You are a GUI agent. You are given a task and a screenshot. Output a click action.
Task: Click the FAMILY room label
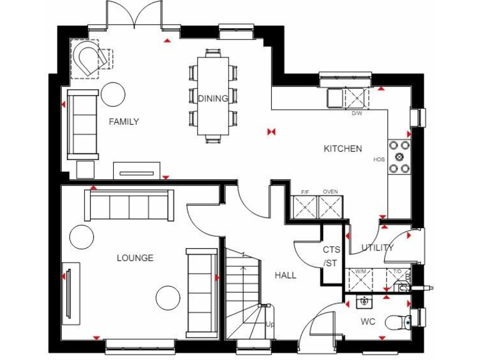123,121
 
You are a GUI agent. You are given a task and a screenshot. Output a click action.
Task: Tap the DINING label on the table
213,98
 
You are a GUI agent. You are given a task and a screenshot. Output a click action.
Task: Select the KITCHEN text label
342,149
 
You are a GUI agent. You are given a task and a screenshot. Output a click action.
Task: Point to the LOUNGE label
135,257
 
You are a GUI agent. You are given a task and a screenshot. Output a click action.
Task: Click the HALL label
286,275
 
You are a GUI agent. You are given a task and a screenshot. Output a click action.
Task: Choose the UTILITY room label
377,247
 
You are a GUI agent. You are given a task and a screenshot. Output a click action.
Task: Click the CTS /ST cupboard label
331,256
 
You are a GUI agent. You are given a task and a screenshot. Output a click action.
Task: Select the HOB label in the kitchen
378,159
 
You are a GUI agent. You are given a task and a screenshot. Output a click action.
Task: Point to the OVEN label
330,191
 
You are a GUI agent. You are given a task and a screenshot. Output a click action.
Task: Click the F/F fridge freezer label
305,191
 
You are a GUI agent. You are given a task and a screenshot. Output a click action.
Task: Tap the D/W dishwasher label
356,113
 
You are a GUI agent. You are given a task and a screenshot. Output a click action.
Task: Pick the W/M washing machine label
360,271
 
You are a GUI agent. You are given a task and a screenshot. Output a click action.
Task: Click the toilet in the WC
397,322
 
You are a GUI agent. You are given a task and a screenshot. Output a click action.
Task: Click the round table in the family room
114,94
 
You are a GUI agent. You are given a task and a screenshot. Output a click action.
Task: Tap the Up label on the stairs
270,325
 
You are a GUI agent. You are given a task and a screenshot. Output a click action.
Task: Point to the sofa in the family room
82,124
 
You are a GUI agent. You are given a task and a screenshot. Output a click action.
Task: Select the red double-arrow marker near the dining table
271,132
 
